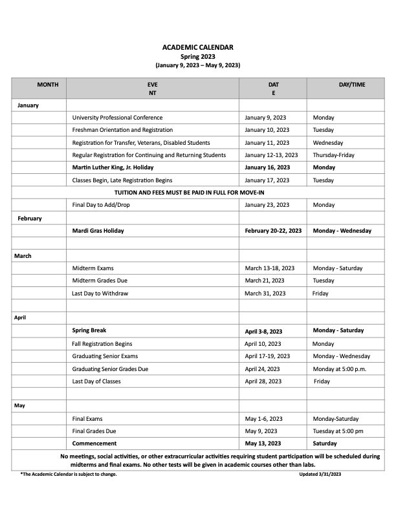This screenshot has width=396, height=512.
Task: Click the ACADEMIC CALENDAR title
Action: pyautogui.click(x=197, y=47)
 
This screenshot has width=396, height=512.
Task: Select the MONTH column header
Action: pyautogui.click(x=47, y=85)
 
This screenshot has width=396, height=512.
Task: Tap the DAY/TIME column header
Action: pyautogui.click(x=351, y=85)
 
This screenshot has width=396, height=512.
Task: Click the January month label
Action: pyautogui.click(x=28, y=105)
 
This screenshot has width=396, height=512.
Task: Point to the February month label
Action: pyautogui.click(x=29, y=218)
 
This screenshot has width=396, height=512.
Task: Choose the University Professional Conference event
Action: pyautogui.click(x=117, y=118)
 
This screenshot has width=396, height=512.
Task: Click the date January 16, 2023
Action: pyautogui.click(x=268, y=167)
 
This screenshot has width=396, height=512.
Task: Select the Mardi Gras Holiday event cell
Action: pyautogui.click(x=98, y=231)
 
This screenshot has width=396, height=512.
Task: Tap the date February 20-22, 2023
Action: pyautogui.click(x=273, y=231)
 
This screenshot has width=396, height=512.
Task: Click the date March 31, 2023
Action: pyautogui.click(x=265, y=293)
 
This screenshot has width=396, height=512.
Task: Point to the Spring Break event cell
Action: pyautogui.click(x=89, y=330)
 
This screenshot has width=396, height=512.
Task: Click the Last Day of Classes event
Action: pyautogui.click(x=96, y=381)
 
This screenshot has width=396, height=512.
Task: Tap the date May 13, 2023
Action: pyautogui.click(x=263, y=443)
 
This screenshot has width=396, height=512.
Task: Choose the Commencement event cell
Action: pyautogui.click(x=94, y=443)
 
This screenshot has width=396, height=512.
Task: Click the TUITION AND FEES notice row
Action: pyautogui.click(x=199, y=193)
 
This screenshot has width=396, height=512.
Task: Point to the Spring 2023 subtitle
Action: pyautogui.click(x=197, y=56)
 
